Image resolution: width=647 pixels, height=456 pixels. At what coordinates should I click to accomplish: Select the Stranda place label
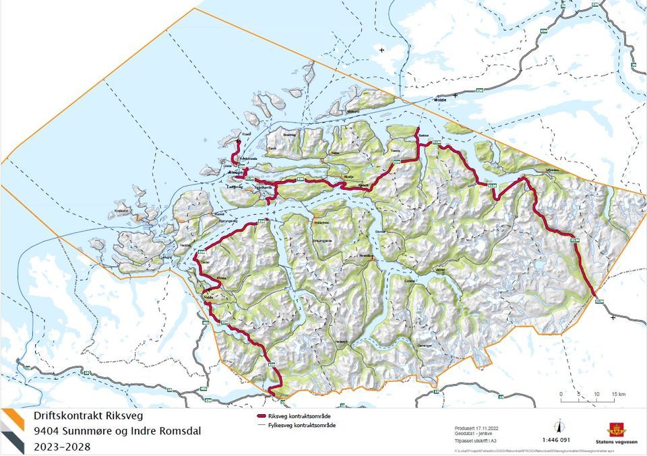[x=366, y=256]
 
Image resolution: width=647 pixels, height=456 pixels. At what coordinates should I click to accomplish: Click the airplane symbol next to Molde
[x=383, y=50]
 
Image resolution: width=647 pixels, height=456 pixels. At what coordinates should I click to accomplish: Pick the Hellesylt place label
[x=344, y=341]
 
